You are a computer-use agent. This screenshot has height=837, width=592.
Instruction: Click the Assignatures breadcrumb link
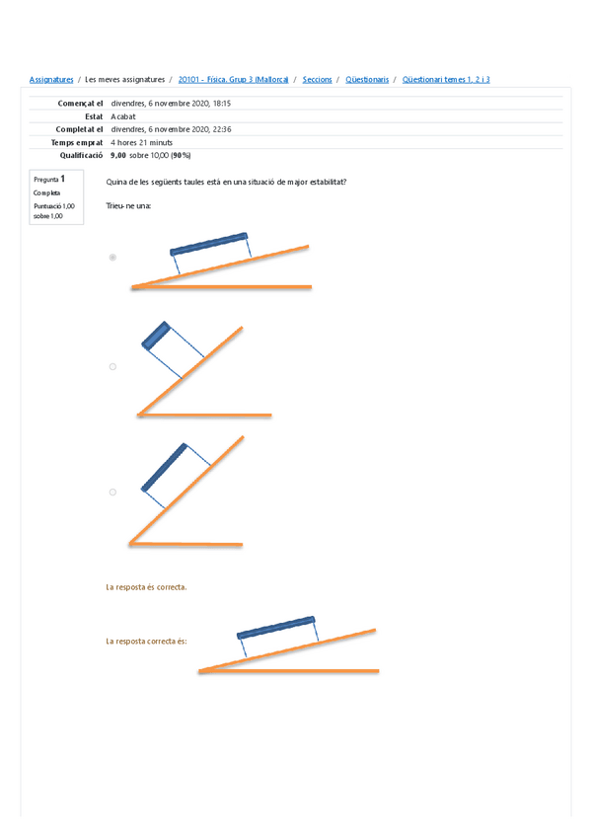51,79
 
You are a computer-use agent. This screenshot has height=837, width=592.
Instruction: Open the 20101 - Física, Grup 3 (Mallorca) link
234,79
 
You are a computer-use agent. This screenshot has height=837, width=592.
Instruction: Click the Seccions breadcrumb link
317,79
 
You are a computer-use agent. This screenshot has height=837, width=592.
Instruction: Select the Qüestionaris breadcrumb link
367,79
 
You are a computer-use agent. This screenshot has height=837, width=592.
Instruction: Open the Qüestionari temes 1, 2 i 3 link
446,79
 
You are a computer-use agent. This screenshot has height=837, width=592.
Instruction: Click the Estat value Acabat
124,115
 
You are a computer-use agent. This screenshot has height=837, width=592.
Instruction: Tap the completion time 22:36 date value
172,129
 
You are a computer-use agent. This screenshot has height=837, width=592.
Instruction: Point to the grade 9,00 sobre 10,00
151,156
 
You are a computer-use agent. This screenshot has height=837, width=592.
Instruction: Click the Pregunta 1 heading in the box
49,180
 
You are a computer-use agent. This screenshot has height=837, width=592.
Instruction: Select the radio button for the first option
112,258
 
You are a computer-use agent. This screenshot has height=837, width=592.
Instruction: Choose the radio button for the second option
112,366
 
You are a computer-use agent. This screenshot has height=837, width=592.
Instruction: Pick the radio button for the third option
112,492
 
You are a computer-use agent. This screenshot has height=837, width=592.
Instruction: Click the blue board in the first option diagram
208,243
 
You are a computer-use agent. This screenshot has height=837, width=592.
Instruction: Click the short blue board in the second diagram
156,335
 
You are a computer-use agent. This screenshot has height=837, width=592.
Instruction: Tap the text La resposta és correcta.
146,587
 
